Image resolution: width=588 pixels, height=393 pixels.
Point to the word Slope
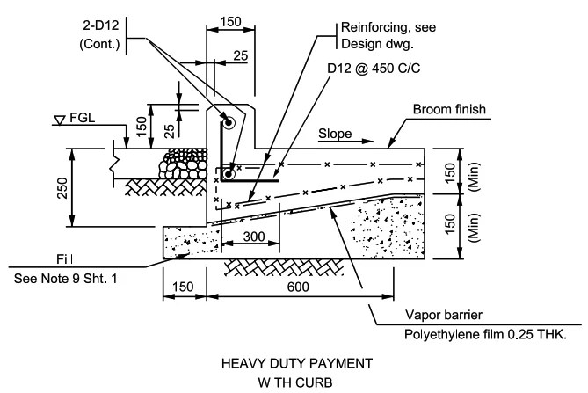point(334,135)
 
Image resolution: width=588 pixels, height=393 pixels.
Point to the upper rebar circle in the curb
point(228,124)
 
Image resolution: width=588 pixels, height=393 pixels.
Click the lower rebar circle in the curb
point(228,175)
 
